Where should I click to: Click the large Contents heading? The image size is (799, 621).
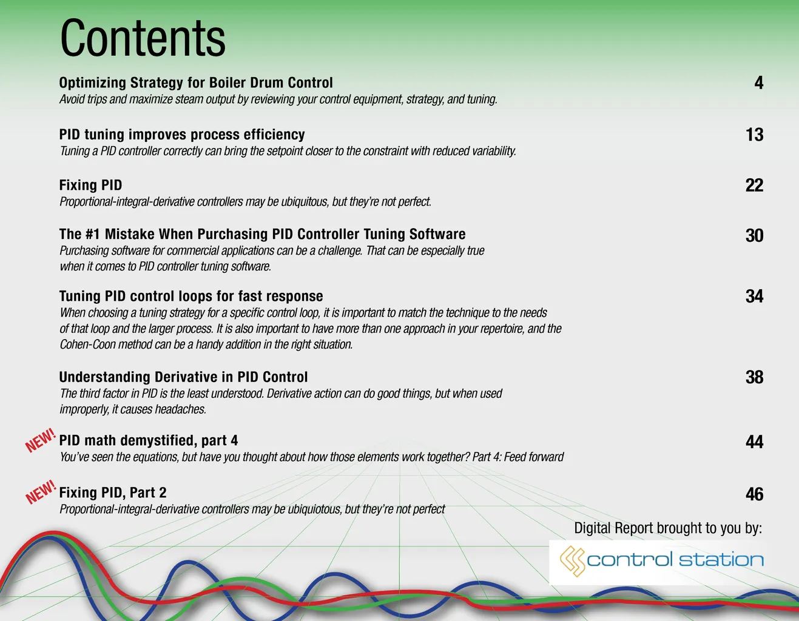point(143,38)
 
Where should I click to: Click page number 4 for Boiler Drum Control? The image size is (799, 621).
point(758,83)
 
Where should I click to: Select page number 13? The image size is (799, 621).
point(755,135)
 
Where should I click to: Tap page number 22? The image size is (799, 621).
point(755,186)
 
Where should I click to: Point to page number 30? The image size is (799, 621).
point(755,235)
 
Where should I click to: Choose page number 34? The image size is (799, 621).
point(755,297)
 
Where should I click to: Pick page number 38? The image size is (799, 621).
point(755,377)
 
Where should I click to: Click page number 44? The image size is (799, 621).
point(755,442)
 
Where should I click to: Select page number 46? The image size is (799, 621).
point(755,494)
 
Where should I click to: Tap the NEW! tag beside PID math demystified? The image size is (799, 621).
point(40,440)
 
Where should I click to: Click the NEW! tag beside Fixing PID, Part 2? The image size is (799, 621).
point(41,492)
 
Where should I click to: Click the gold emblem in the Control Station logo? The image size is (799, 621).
point(573,561)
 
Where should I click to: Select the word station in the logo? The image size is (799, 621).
point(721,560)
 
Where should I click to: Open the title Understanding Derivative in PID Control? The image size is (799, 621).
point(183,377)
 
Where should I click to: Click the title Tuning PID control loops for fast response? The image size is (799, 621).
point(191,296)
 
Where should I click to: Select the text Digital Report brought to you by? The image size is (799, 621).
point(668,528)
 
